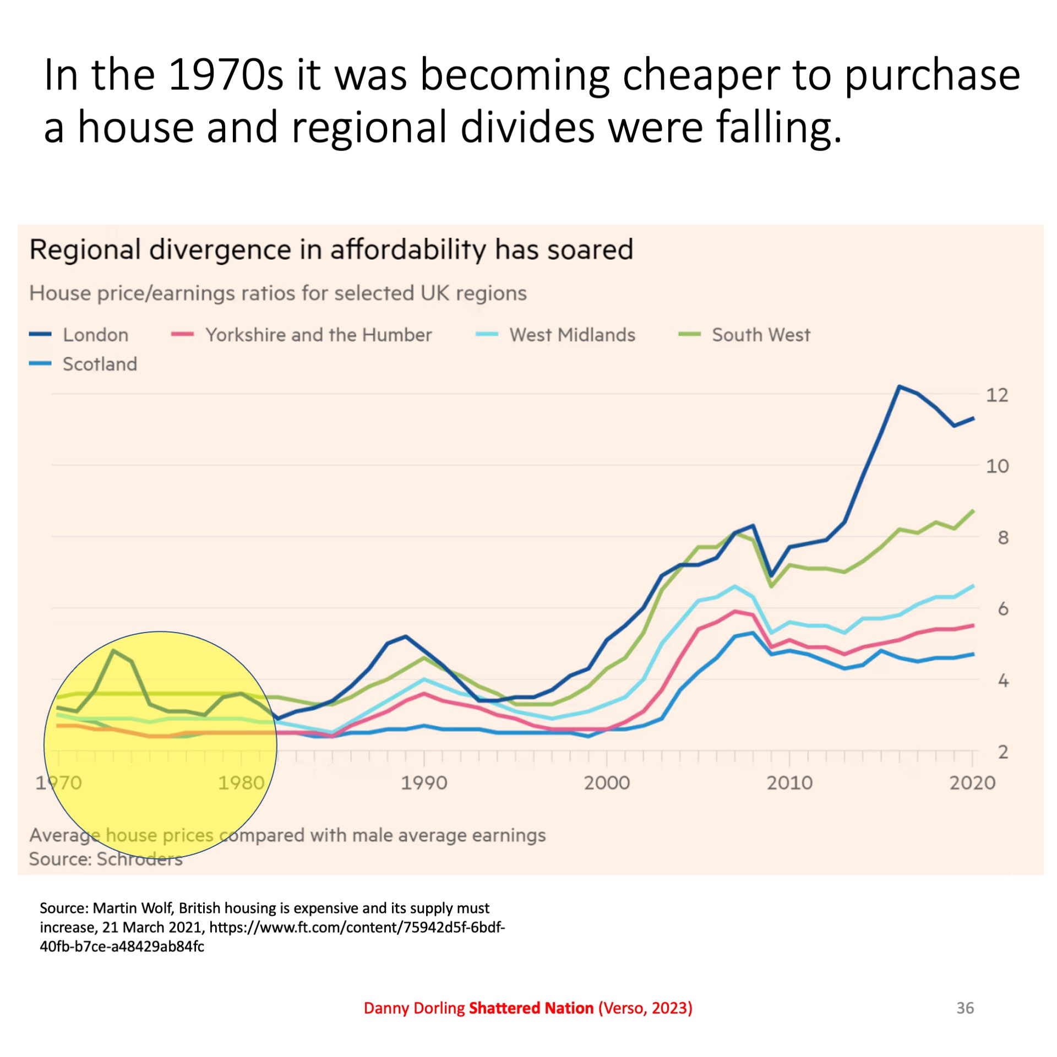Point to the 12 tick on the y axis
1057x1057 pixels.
click(997, 395)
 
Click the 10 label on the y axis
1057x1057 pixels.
click(997, 466)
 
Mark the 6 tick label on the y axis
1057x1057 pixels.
click(1003, 609)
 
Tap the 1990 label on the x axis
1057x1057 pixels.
click(424, 783)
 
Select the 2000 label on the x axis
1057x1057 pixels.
click(607, 783)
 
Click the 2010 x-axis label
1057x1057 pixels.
click(789, 783)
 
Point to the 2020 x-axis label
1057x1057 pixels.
click(972, 783)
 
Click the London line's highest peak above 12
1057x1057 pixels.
click(899, 386)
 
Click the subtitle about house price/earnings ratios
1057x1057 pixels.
click(278, 293)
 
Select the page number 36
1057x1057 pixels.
click(965, 1008)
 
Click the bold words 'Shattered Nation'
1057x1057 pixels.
click(531, 1008)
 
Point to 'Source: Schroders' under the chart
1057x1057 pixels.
click(106, 859)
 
